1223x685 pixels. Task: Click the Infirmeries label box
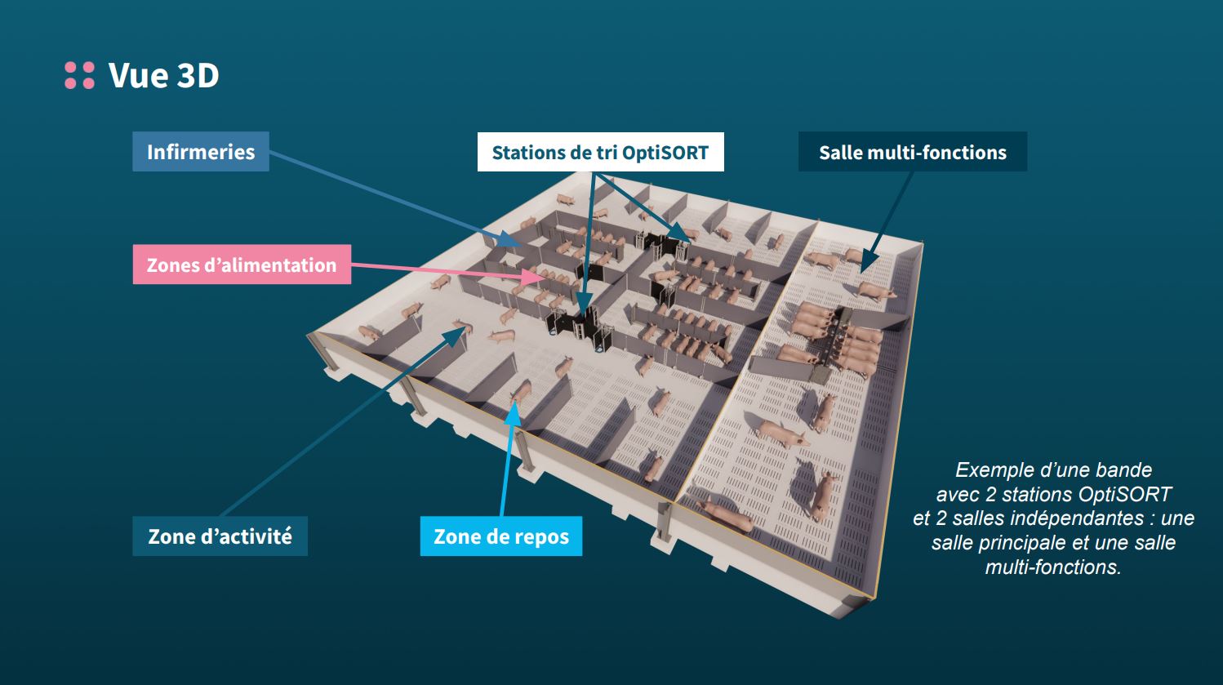click(x=200, y=152)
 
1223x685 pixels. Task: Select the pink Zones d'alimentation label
click(x=242, y=265)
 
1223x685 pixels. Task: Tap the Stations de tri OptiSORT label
click(x=600, y=153)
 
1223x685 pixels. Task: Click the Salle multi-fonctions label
click(x=912, y=153)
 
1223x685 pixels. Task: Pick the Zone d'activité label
click(x=220, y=536)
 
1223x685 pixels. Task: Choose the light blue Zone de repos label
click(x=500, y=536)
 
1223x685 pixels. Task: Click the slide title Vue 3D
click(x=163, y=75)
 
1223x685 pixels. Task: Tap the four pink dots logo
click(x=79, y=75)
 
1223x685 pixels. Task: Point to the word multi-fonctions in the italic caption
click(x=1053, y=567)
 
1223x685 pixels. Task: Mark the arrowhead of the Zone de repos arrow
click(x=514, y=406)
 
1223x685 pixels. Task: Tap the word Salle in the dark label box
click(x=840, y=153)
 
